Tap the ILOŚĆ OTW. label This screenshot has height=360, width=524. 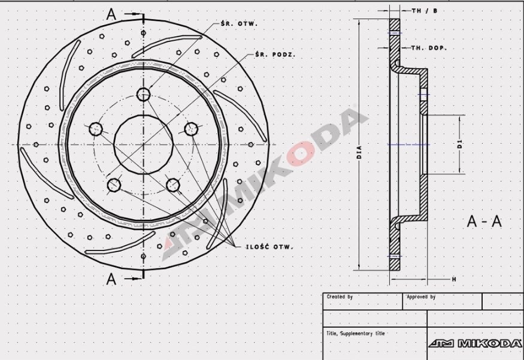point(268,246)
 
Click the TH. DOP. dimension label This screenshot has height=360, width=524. point(429,48)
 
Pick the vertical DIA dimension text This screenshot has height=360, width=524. point(359,153)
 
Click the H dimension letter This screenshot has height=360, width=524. point(454,279)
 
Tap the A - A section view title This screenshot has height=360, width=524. point(484,221)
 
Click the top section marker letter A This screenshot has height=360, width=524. point(111,14)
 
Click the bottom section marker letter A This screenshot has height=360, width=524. point(111,278)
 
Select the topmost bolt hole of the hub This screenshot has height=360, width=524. point(143,94)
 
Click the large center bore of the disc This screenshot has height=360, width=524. point(143,144)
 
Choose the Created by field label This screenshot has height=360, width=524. point(340,297)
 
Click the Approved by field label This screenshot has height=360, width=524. point(421,297)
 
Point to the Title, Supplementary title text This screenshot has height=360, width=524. point(356,334)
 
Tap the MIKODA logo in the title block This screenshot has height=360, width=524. point(475,343)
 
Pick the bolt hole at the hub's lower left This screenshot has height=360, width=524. point(114,185)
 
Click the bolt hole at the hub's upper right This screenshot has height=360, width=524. point(191,129)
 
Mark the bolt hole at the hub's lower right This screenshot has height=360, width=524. point(173,185)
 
